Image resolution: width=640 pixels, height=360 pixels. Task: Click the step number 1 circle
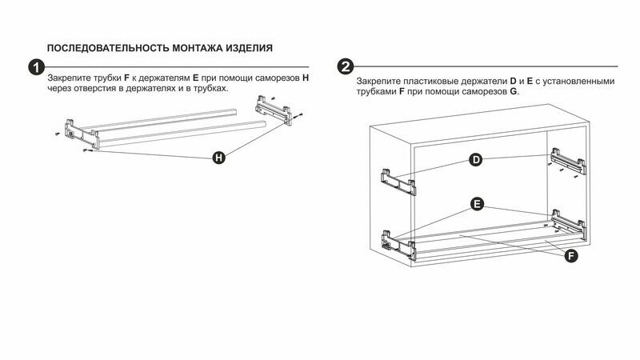(36, 67)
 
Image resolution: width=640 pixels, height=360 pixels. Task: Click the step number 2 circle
(346, 66)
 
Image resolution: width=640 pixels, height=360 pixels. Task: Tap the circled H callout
(219, 158)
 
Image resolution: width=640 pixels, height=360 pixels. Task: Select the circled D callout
(475, 159)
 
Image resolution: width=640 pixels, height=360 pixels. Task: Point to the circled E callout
(477, 204)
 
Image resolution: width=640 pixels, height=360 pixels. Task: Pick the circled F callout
(571, 256)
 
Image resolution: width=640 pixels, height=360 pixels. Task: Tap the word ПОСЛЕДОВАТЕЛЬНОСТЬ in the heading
(108, 48)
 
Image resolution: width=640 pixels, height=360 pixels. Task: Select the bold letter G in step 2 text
(514, 91)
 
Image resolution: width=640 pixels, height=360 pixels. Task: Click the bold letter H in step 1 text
(306, 78)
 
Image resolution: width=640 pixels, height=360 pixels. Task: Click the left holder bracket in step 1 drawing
(82, 134)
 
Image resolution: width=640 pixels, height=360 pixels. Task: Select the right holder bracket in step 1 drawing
(274, 110)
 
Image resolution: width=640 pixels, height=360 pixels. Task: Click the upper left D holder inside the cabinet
(398, 182)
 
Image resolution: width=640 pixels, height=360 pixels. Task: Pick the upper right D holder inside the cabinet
(568, 162)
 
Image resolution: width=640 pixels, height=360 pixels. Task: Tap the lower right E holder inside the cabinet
(569, 224)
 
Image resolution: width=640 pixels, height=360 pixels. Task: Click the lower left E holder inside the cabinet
(398, 245)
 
